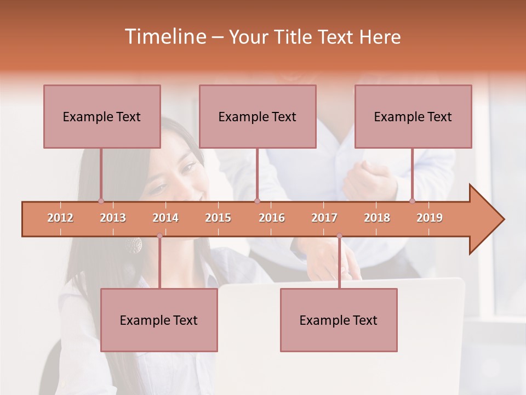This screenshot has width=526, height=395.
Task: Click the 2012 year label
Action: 60,218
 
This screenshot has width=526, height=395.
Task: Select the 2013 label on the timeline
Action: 113,218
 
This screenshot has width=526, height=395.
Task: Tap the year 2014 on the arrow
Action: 165,218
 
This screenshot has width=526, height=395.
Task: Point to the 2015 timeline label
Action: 218,218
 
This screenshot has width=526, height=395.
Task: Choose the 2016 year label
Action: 272,218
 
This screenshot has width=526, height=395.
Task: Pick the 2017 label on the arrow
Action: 324,218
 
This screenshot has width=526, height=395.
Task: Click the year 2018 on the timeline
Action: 377,218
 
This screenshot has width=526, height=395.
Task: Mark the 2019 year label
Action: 430,218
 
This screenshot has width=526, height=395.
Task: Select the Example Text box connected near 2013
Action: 102,116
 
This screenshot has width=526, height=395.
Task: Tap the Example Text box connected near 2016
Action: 258,116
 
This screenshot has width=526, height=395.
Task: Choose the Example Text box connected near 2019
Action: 413,116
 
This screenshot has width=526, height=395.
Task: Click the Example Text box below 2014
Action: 159,320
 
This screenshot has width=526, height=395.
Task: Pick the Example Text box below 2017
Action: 339,320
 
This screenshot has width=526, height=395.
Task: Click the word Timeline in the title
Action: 164,37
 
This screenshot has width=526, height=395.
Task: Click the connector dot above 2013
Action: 101,201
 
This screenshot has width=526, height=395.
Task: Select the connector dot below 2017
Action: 339,236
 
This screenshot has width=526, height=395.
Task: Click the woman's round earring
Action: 134,245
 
